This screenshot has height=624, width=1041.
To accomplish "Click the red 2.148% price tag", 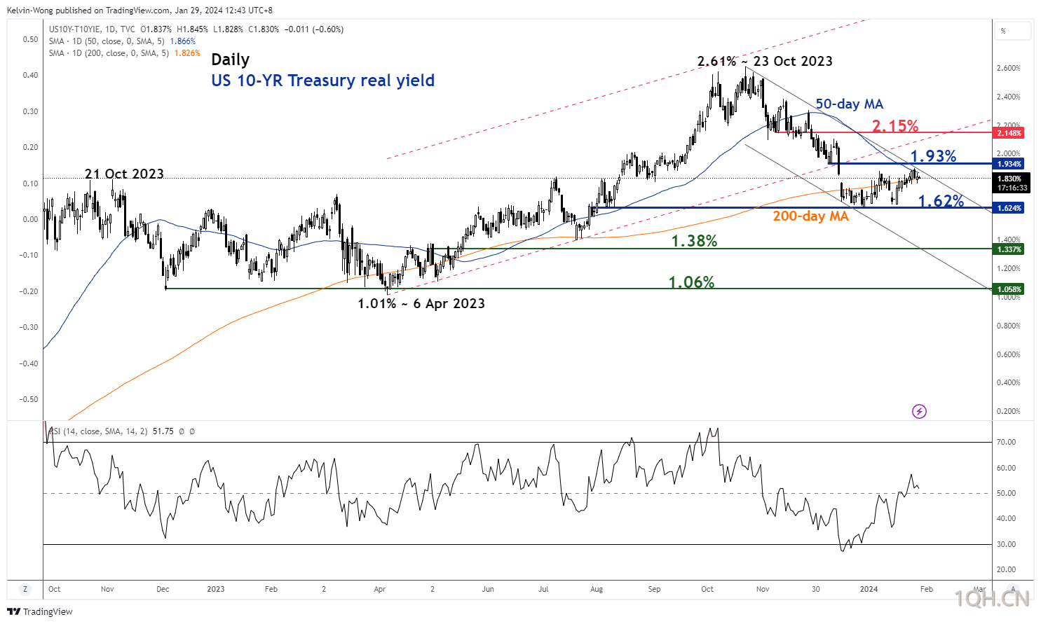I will point(1009,133).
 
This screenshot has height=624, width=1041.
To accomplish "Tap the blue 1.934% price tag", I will point(1009,164).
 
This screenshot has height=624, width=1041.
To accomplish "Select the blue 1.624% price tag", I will point(1009,208).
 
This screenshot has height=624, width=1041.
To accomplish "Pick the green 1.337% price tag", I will point(1009,249).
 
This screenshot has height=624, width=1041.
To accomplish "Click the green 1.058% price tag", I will point(1009,289).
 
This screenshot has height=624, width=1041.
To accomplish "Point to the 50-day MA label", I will point(849,104).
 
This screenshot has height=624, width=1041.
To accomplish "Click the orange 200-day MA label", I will point(810,216).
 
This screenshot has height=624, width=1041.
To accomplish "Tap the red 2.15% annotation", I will point(895,126).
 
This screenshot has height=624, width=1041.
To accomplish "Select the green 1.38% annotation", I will point(694,241).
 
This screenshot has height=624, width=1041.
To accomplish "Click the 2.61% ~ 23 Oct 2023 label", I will point(765,62).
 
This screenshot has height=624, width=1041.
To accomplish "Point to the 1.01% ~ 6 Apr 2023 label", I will point(421,303).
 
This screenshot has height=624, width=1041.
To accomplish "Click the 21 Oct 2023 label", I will point(124,174).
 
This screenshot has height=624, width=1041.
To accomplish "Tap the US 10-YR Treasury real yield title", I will point(322,81).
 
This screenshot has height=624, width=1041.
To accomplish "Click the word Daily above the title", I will point(230,60).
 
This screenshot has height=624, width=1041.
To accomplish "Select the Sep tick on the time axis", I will point(654,589).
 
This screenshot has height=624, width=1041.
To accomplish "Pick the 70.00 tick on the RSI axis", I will point(1006,442).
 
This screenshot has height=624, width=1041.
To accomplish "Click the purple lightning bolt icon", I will point(919,411).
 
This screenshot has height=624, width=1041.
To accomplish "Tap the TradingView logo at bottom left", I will point(40,611).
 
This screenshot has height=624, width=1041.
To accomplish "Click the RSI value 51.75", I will point(163,431).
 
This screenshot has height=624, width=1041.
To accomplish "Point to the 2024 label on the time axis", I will point(869,589).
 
